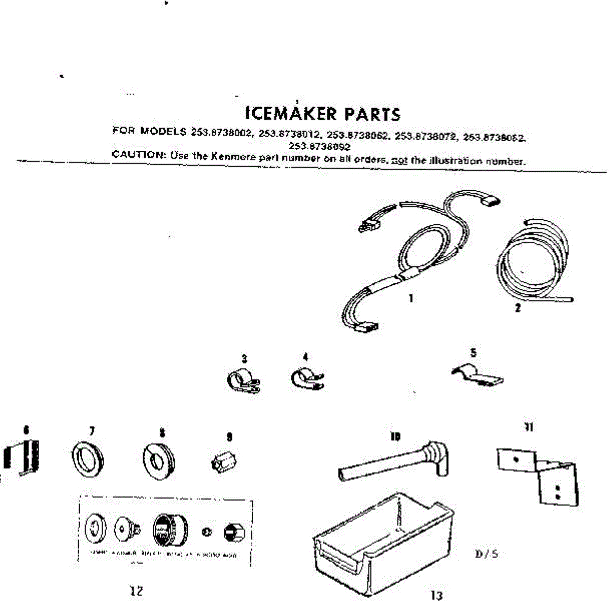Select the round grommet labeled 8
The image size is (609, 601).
(x=159, y=461)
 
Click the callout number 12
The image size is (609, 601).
(x=137, y=591)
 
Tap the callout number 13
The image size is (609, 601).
(x=437, y=595)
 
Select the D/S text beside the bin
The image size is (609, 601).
(x=486, y=553)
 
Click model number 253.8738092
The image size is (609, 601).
(x=320, y=146)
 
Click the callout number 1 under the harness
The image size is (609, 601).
(x=411, y=298)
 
